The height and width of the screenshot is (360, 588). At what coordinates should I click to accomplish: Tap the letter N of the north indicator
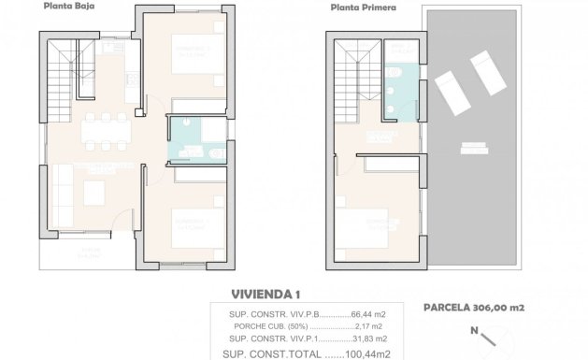pos(474,330)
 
